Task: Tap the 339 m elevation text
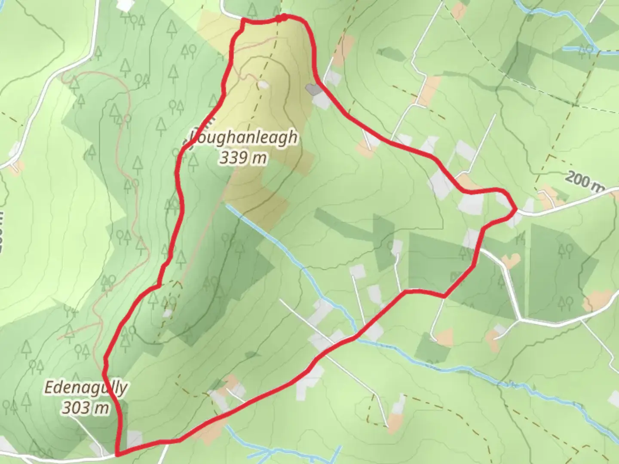(x=243, y=158)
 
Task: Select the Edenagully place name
(x=86, y=388)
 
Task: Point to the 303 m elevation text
(x=85, y=407)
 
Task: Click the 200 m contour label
(x=584, y=180)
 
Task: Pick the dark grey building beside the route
(x=312, y=89)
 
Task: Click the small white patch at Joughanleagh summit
(x=263, y=85)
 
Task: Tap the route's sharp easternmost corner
(x=516, y=209)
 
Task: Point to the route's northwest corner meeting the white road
(x=244, y=20)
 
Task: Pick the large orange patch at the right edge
(x=598, y=300)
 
